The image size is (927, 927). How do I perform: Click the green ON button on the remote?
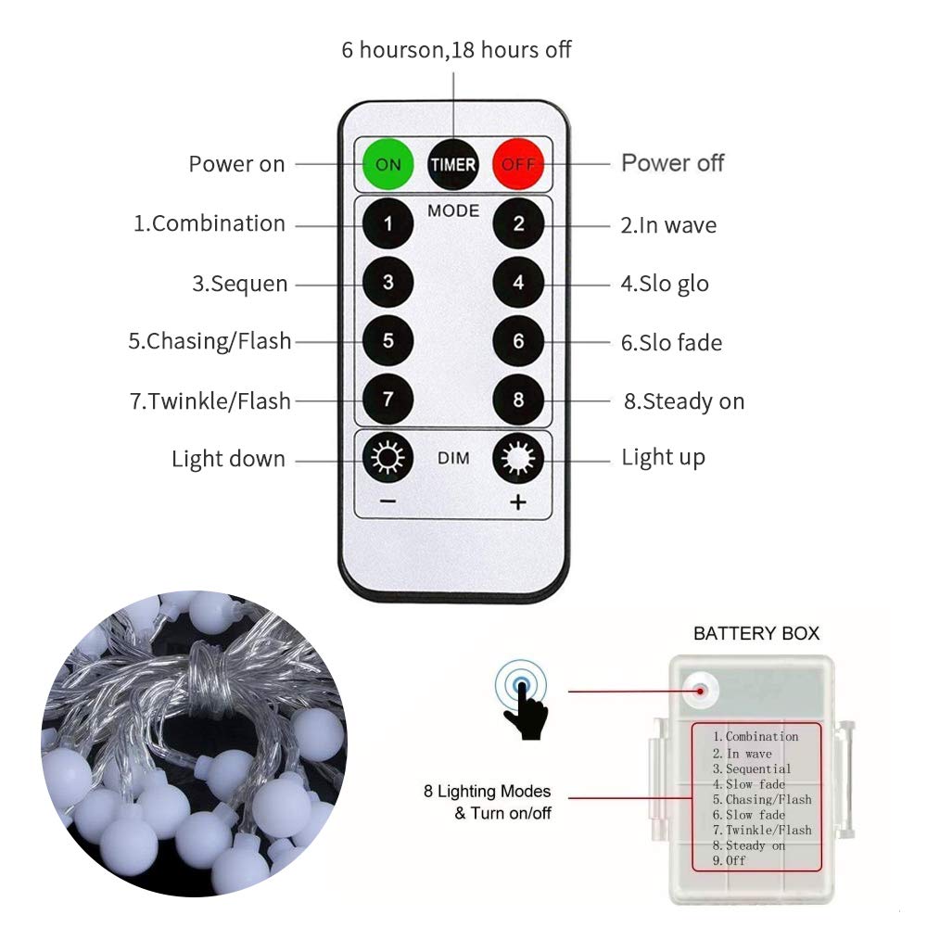(x=387, y=164)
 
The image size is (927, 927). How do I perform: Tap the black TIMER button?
(x=452, y=164)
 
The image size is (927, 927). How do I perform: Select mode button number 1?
(x=387, y=223)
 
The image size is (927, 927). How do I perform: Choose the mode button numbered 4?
(x=518, y=283)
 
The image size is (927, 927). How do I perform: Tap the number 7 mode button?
(x=387, y=400)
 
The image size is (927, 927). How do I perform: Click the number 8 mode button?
(x=518, y=400)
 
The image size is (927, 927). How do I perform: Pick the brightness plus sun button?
(x=518, y=459)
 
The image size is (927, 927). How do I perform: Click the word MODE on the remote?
(x=453, y=211)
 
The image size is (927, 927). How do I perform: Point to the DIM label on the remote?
(x=453, y=459)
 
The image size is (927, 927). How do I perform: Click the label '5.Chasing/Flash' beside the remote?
(x=210, y=341)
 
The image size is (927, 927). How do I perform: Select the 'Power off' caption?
(x=672, y=163)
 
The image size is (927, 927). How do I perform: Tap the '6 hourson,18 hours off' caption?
(x=456, y=50)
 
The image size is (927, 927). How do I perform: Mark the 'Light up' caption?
(x=663, y=457)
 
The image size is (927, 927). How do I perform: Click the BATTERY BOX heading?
(x=756, y=634)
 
